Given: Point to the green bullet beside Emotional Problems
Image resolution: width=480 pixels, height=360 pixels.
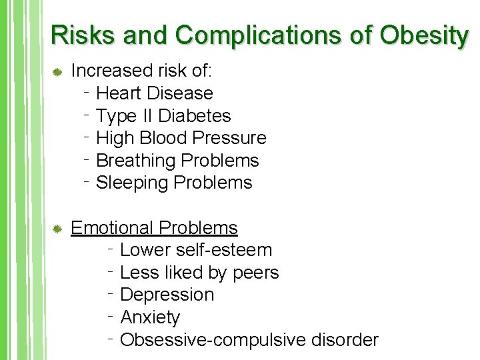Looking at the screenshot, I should pyautogui.click(x=57, y=229).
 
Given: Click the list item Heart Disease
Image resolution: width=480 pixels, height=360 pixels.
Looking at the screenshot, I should pyautogui.click(x=155, y=93).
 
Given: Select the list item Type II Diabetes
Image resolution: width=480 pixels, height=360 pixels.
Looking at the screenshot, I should pyautogui.click(x=163, y=116).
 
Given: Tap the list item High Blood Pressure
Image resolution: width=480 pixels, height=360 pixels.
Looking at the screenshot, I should pyautogui.click(x=181, y=138).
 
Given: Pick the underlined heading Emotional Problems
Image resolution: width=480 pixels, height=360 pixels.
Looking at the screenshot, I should pyautogui.click(x=154, y=228).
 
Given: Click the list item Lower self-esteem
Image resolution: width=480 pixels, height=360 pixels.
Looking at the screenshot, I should pyautogui.click(x=196, y=251).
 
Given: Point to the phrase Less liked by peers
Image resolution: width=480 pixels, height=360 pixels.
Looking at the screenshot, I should pyautogui.click(x=199, y=273).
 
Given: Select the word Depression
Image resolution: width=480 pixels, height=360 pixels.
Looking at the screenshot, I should pyautogui.click(x=167, y=295).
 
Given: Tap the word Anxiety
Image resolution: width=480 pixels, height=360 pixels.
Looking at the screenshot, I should pyautogui.click(x=150, y=318).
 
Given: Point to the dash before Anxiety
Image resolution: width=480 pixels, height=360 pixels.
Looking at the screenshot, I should pyautogui.click(x=112, y=313).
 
